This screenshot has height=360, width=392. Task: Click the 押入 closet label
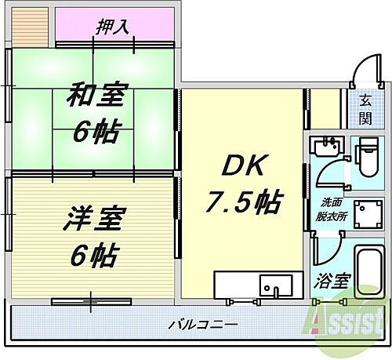click(114, 26)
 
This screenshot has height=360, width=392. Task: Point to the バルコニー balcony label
click(203, 324)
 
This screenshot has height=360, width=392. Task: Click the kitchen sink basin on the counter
click(274, 284)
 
